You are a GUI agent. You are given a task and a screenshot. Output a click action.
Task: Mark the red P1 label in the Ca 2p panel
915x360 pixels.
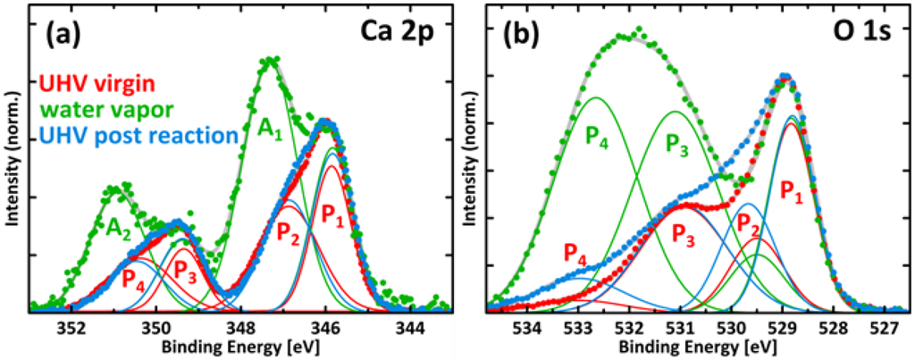333,214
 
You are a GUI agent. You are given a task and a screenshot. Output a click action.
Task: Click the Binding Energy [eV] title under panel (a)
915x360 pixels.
240,346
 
